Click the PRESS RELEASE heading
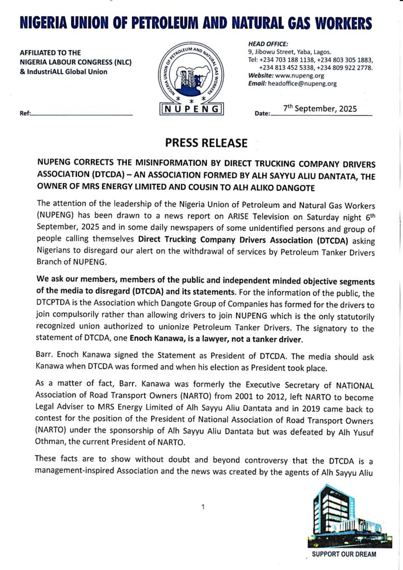(206, 143)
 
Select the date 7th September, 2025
(320, 109)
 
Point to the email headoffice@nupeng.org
(302, 83)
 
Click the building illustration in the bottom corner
(341, 517)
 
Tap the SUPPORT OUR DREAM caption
(343, 554)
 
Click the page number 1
(203, 507)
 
